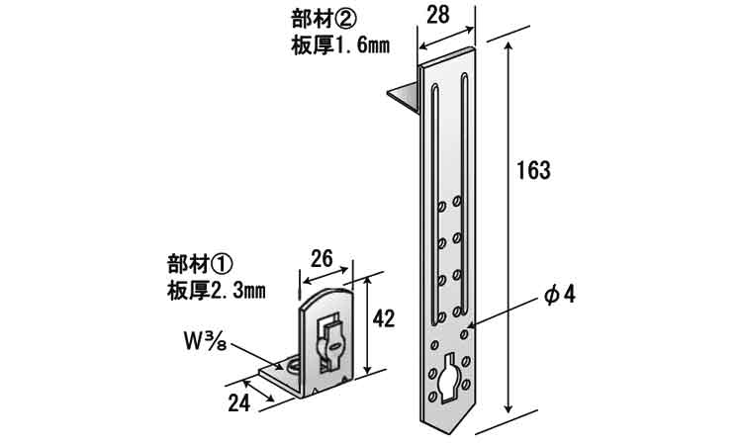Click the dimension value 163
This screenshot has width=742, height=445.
[533, 169]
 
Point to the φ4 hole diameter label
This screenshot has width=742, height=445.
[559, 297]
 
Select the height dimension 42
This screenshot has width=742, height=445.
[384, 317]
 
